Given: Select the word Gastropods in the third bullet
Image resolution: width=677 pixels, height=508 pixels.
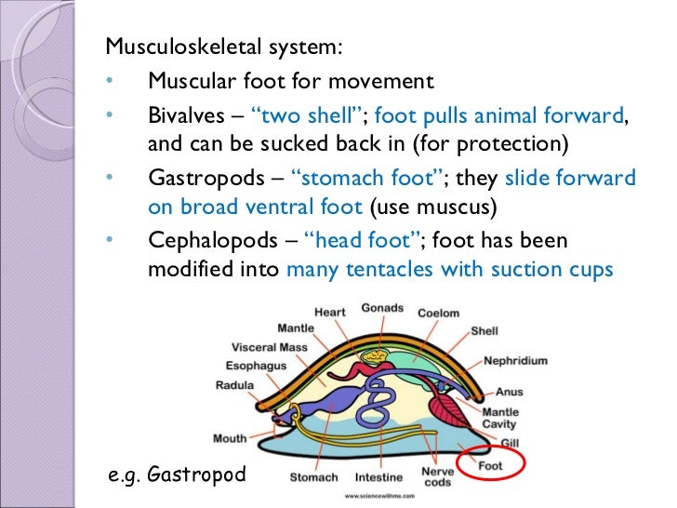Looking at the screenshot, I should click(x=196, y=178).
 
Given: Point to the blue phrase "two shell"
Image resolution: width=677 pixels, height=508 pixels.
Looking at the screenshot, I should click(x=307, y=116).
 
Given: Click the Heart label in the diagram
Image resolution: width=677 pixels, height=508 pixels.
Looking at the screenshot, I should click(x=329, y=312).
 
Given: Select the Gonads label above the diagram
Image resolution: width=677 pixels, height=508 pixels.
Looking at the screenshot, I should click(x=382, y=308).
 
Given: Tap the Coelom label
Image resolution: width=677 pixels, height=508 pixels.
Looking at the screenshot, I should click(x=438, y=314).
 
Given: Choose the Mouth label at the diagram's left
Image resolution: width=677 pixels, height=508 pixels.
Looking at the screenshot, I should click(x=230, y=437).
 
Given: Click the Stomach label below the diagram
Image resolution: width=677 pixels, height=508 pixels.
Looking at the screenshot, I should click(x=313, y=478).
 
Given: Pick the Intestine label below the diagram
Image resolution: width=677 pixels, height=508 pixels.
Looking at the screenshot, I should click(x=378, y=478).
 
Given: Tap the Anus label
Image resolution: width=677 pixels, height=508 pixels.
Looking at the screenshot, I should click(x=510, y=393).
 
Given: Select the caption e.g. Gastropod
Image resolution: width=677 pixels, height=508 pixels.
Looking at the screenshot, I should click(x=178, y=475).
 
